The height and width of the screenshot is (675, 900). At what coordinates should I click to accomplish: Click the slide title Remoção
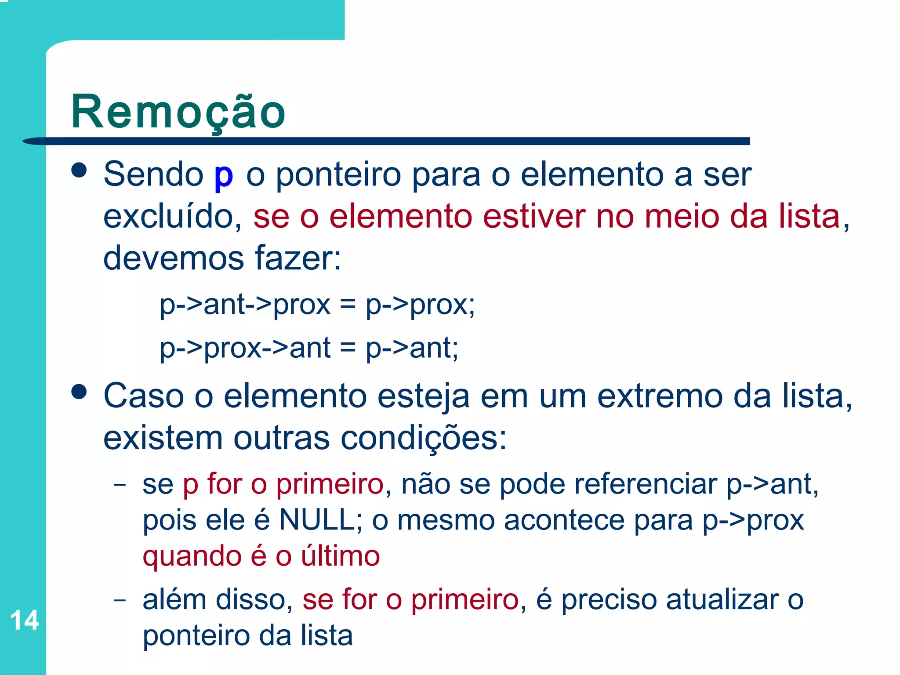coord(178,112)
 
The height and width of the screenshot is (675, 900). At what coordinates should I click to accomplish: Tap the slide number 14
coord(25,621)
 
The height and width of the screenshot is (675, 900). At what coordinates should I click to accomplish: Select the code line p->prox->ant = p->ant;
coord(309,348)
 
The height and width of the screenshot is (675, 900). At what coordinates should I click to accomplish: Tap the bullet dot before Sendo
coord(79,170)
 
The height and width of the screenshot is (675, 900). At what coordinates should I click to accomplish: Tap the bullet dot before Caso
coord(79,392)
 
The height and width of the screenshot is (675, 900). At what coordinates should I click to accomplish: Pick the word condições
coord(424,438)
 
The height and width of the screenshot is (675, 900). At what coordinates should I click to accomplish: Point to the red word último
coord(340,556)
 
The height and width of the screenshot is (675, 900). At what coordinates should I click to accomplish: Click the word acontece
coord(564,520)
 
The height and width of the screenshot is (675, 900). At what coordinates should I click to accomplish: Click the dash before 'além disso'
coord(120,600)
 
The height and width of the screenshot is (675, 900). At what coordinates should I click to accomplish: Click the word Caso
coord(143,396)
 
